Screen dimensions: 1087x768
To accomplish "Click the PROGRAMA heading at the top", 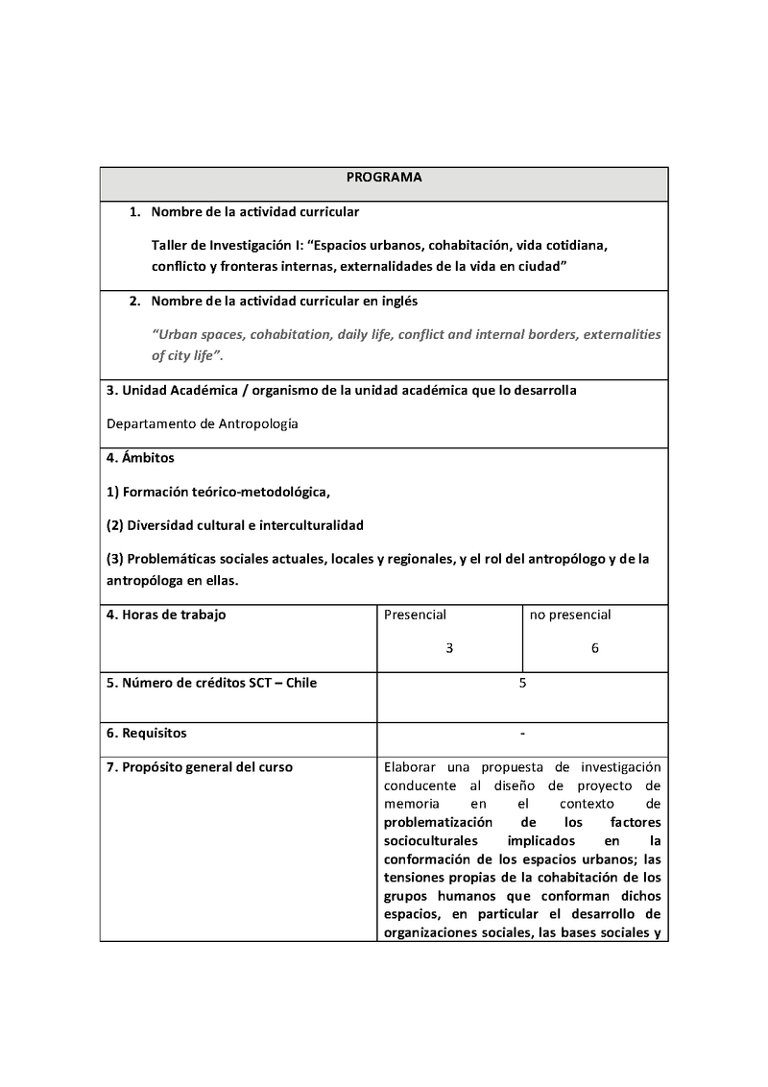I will point(384,178).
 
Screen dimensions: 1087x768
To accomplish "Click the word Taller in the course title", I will point(171,245).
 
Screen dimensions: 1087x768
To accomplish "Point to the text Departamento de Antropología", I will point(202,423).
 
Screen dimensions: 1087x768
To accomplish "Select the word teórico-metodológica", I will point(262,492).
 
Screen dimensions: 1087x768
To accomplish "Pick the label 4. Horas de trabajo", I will point(166,615).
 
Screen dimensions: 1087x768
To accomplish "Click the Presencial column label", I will point(415,615).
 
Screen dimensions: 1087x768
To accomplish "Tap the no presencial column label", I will point(570,615).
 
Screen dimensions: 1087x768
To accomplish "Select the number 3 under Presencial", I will point(449,648).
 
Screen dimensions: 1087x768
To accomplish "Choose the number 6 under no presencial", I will point(595,648).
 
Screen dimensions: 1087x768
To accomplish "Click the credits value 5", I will point(522,683).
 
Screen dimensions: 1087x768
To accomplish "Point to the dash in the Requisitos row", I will point(522,734).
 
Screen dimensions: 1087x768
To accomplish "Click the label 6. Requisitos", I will point(146,734).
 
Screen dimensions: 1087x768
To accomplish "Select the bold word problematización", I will point(438,823).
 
